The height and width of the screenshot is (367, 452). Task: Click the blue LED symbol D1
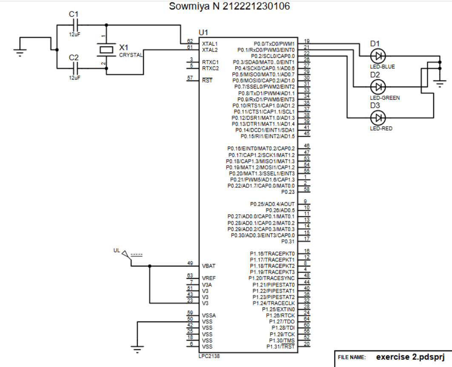click(x=377, y=56)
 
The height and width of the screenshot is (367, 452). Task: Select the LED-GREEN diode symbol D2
click(x=377, y=87)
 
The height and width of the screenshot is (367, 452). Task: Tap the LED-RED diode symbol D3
click(x=377, y=117)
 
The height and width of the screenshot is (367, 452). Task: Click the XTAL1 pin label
click(x=210, y=44)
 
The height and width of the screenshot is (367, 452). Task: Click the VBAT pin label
click(x=209, y=266)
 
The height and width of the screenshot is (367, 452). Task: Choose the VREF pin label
click(x=209, y=278)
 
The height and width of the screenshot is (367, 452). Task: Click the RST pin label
click(x=207, y=80)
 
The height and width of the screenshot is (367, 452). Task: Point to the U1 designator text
click(x=203, y=33)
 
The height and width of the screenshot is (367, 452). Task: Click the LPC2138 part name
click(x=209, y=356)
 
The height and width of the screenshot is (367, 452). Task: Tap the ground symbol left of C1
click(x=19, y=53)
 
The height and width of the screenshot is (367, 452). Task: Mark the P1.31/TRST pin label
click(x=280, y=347)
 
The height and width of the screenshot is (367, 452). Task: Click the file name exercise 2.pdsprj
click(x=404, y=357)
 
